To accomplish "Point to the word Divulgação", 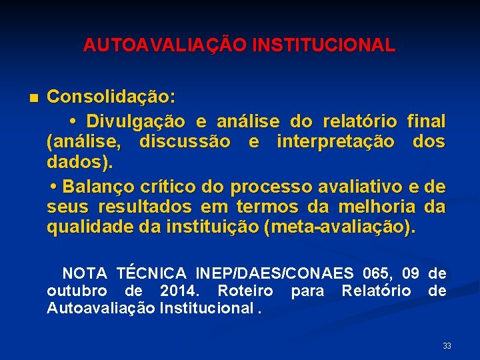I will [x=137, y=123].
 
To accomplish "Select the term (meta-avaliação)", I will [x=339, y=227].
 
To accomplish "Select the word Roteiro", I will [x=245, y=291].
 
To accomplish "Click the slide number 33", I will [x=447, y=346].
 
